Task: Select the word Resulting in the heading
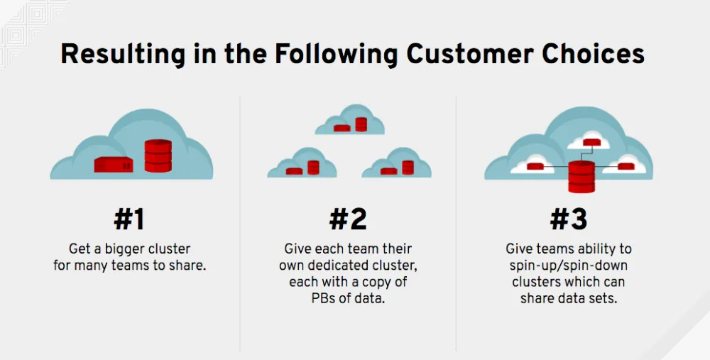coord(116,55)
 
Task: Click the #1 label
coord(129,219)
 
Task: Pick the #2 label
coord(348,219)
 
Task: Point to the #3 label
coord(569,219)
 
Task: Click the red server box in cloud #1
coord(114,164)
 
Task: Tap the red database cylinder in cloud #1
coord(158,156)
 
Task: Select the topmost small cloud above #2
coord(350,121)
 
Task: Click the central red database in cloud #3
coord(581,177)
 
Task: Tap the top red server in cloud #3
coord(591,142)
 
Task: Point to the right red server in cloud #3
coord(626,167)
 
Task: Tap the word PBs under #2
coord(327,298)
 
